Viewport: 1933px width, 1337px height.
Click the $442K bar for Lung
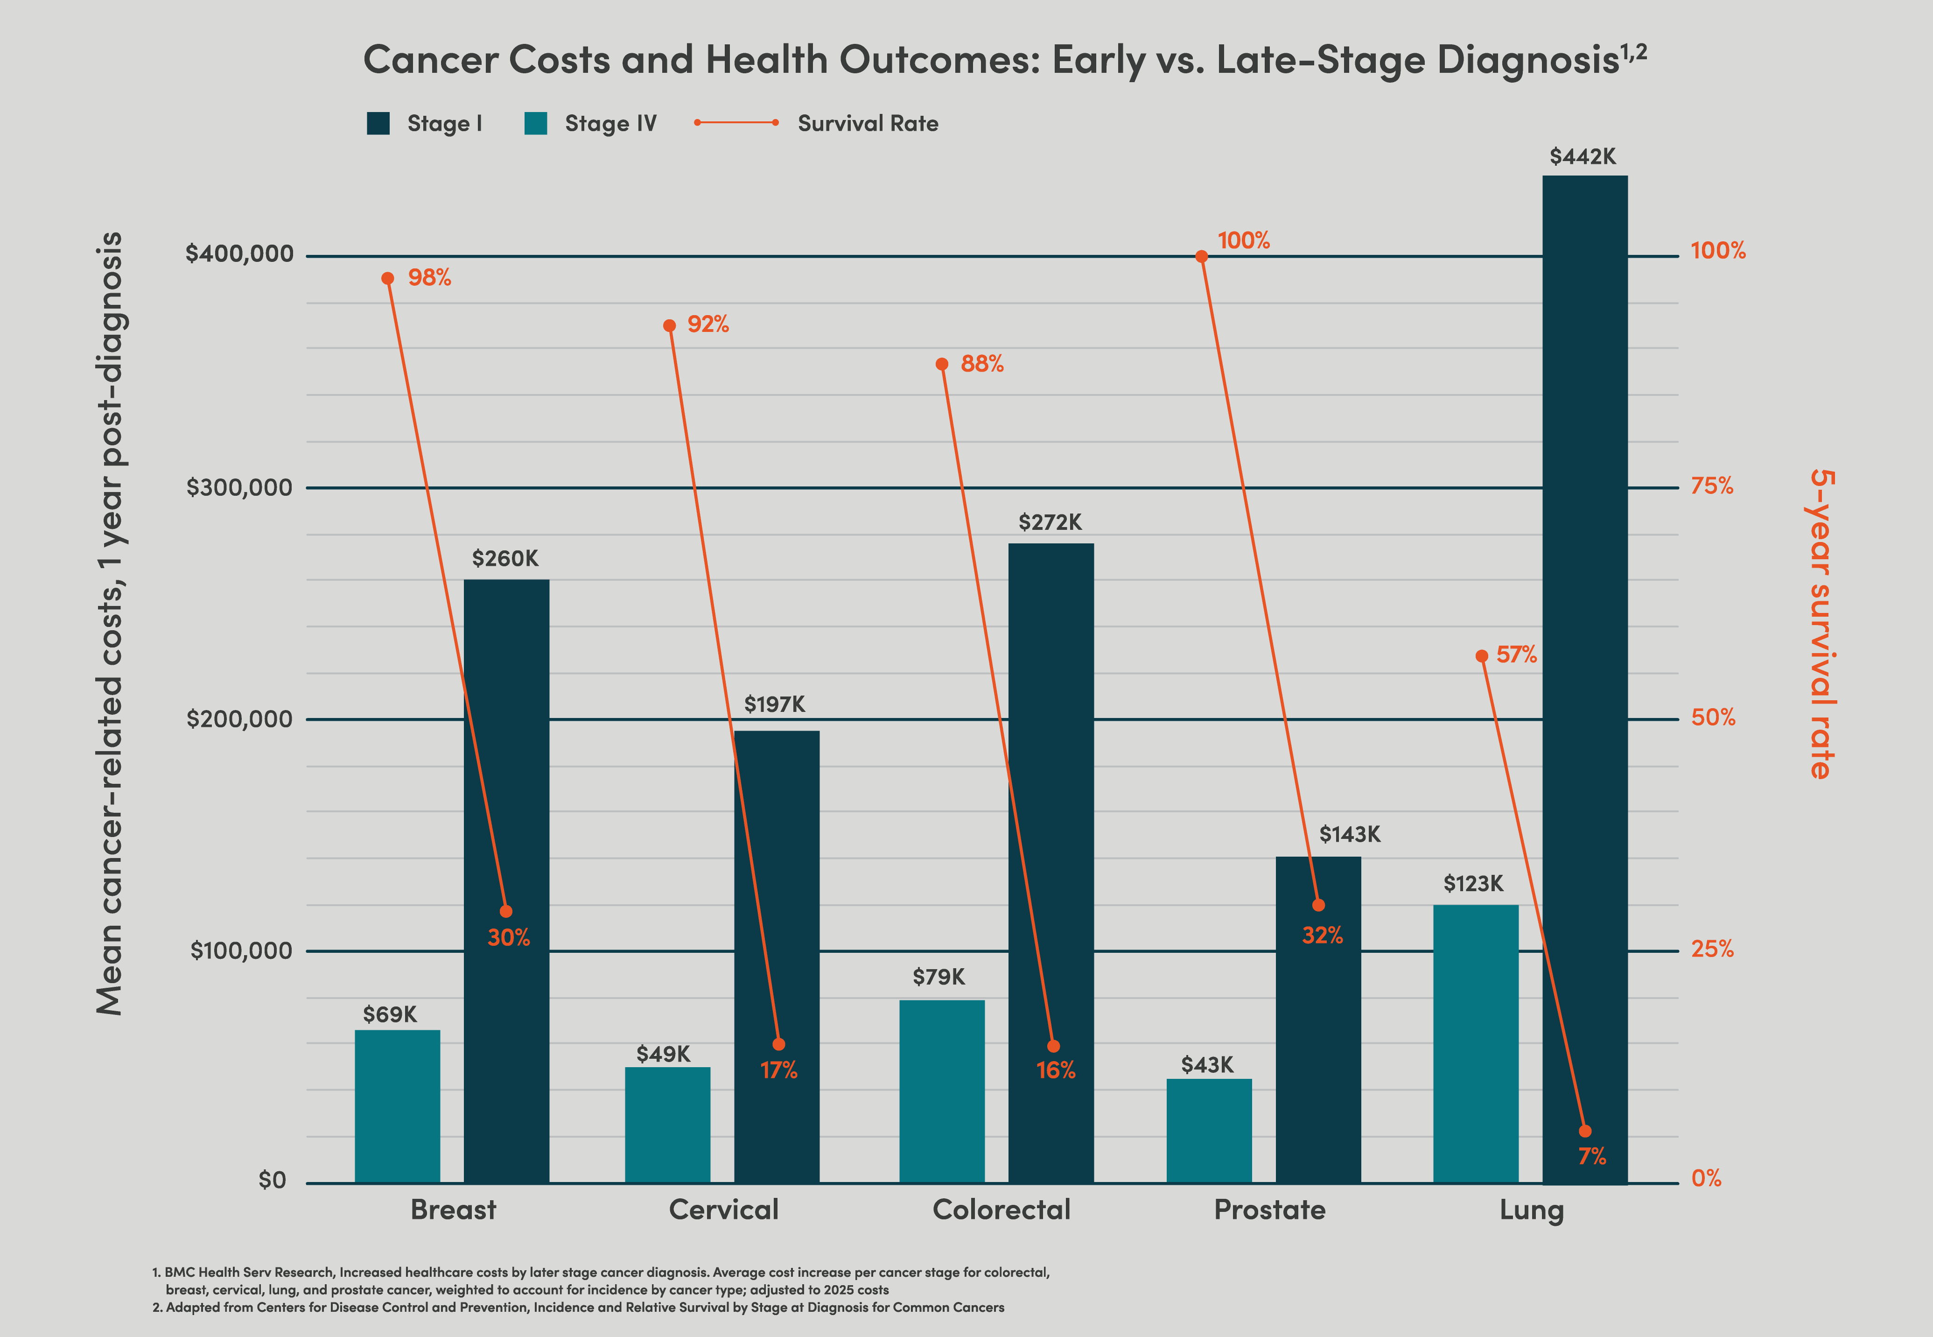point(1584,679)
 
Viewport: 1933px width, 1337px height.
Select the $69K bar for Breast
point(397,1106)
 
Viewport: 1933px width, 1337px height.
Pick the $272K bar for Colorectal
point(1050,863)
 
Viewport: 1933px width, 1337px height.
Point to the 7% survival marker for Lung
point(1584,1131)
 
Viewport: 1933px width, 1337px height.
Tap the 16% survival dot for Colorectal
point(1054,1046)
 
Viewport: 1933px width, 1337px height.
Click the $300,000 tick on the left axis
point(239,487)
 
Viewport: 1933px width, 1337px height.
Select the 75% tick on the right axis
point(1712,486)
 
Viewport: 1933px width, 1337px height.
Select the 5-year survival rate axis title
point(1821,624)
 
